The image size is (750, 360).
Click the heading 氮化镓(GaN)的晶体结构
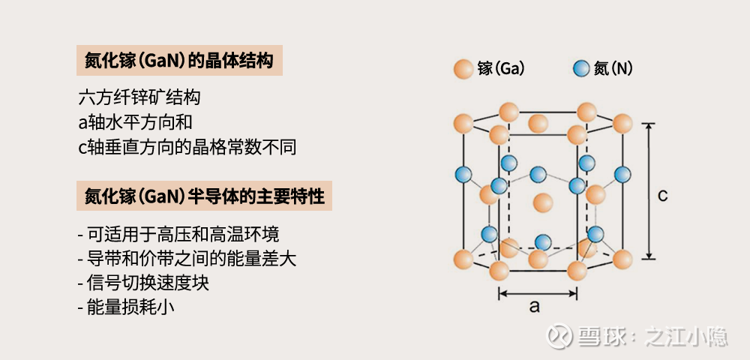[179, 61]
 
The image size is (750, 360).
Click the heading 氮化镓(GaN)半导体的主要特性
[204, 196]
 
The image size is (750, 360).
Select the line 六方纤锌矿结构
[139, 97]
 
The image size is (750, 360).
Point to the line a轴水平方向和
[135, 122]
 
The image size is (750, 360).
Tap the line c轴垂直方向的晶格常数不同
[187, 147]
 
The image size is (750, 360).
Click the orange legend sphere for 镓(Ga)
[463, 69]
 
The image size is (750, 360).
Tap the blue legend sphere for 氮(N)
[581, 69]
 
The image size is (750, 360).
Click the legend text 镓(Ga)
[501, 69]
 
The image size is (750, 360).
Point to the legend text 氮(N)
[613, 69]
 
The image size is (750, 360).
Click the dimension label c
[662, 196]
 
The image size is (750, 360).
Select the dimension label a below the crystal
[535, 306]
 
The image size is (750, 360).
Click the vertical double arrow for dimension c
[648, 191]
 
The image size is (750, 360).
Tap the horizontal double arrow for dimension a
[538, 293]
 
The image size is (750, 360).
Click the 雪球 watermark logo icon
[559, 335]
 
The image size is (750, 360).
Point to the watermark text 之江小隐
[686, 336]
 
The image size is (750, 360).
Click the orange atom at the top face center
[538, 123]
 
